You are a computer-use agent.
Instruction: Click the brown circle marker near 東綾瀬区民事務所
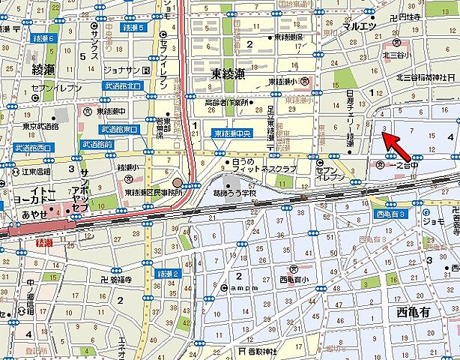(177, 182)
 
